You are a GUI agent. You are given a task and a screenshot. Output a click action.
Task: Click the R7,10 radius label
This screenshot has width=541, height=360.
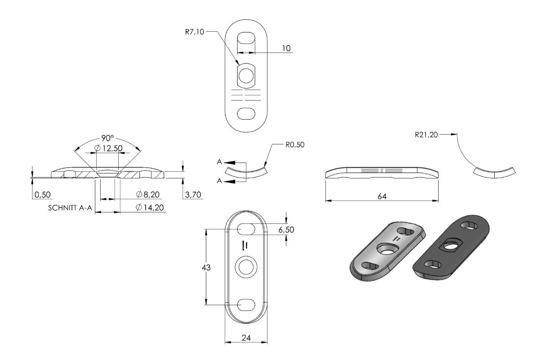194,32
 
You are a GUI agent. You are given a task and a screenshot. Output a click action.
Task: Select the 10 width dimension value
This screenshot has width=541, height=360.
286,48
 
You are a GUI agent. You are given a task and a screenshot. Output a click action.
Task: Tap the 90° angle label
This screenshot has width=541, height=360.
107,138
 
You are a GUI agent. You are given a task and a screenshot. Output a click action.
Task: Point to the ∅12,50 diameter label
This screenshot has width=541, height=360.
109,148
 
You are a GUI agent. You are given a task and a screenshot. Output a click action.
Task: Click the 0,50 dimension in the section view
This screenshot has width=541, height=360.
42,194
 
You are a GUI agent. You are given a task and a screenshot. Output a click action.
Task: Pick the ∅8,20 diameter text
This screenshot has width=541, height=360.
148,194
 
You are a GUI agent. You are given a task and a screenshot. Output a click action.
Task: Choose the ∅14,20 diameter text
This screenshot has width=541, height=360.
150,207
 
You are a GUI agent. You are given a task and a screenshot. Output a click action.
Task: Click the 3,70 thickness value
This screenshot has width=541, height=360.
193,194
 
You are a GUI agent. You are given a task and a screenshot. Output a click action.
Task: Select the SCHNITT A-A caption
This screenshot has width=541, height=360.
70,208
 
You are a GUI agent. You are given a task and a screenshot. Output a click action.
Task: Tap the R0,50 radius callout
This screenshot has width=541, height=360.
295,145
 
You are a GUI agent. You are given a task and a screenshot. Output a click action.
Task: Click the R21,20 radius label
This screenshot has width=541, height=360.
426,135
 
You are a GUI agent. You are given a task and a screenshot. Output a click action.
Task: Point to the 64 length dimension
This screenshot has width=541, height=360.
382,197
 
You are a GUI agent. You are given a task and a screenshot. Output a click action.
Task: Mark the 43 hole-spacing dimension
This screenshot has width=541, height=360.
206,268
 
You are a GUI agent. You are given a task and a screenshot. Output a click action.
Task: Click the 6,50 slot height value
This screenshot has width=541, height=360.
286,230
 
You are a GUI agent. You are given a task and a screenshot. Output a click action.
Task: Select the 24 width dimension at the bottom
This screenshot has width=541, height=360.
246,338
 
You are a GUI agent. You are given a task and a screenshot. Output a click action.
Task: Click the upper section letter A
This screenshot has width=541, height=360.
219,162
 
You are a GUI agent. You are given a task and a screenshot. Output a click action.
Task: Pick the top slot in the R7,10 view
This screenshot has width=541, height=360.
246,38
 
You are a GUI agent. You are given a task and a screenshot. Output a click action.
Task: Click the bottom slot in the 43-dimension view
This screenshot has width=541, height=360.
246,305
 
